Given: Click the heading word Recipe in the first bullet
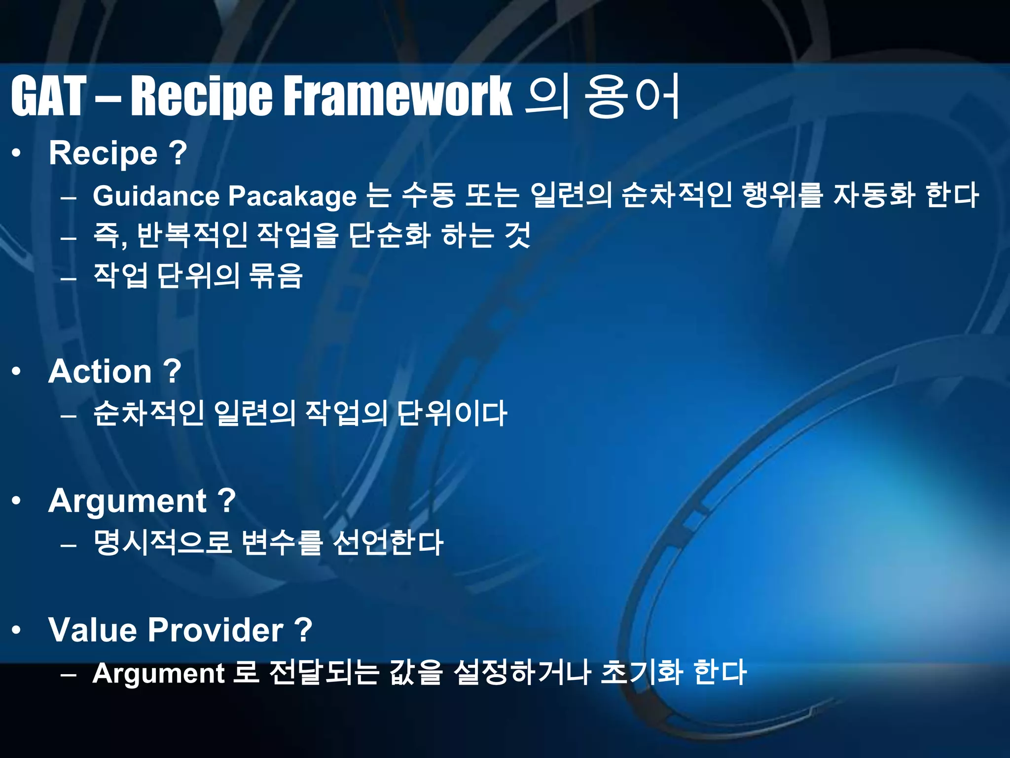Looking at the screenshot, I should [x=103, y=153].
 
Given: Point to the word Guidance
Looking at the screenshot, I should [x=156, y=196].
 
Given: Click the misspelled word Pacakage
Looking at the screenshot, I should [x=292, y=196].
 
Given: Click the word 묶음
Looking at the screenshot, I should [x=276, y=275].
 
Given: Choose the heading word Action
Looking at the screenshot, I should [x=100, y=371].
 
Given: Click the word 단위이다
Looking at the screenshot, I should [x=452, y=413].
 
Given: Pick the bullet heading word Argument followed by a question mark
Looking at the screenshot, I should [x=127, y=501].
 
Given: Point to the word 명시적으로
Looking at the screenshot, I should [x=162, y=542].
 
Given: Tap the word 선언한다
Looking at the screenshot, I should [x=388, y=542].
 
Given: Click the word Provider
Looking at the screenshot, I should [x=216, y=630].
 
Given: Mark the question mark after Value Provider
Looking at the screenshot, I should [x=302, y=630].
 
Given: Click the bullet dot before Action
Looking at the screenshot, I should [x=17, y=372].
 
